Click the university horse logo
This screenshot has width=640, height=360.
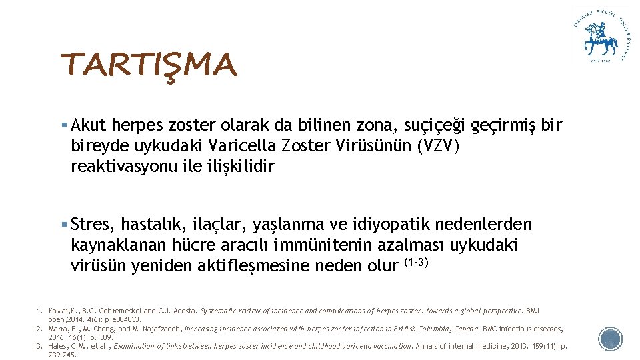(x=600, y=37)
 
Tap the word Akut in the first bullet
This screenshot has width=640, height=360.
(x=89, y=125)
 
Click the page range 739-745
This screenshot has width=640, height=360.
(x=63, y=355)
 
